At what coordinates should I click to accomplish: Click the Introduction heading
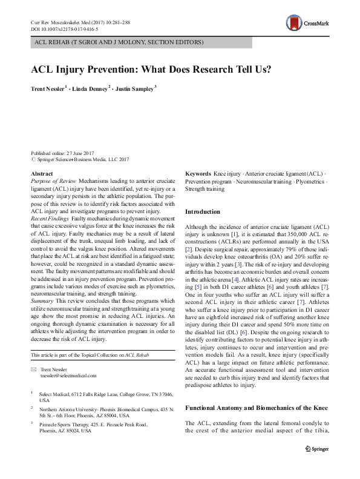(202, 211)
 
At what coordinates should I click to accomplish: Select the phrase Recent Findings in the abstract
(51, 218)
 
